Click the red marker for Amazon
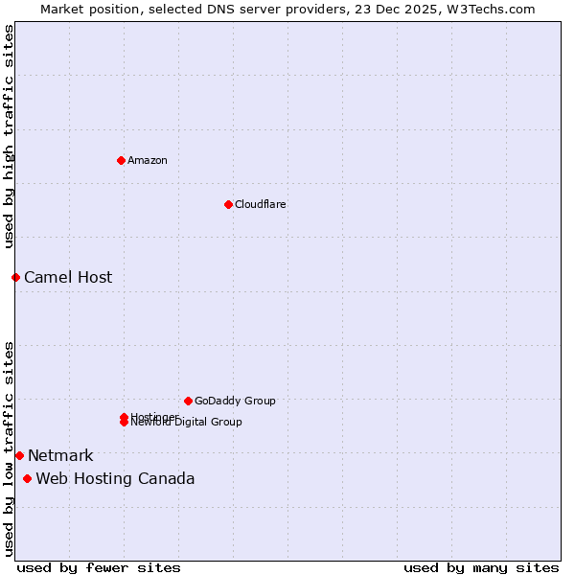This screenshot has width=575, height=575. point(121,160)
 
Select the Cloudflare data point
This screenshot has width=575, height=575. point(228,204)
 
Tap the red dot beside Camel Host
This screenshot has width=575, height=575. point(15,277)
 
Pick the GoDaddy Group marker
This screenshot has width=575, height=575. point(188,401)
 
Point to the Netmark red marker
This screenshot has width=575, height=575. point(19,455)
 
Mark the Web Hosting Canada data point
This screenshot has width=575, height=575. point(27,478)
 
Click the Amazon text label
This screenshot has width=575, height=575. point(148,160)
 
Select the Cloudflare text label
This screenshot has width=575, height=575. point(260,204)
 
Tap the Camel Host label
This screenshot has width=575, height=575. point(68,278)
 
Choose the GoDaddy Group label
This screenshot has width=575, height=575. point(235,401)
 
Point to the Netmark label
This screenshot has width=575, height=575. point(60,456)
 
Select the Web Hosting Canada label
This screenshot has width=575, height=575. point(115,479)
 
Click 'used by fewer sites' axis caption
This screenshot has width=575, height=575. point(99,568)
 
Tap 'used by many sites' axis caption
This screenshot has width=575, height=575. point(481,568)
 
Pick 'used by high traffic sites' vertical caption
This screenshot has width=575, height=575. point(10,136)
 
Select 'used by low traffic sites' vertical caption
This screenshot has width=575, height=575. point(10,448)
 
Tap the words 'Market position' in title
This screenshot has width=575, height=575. point(84,9)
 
